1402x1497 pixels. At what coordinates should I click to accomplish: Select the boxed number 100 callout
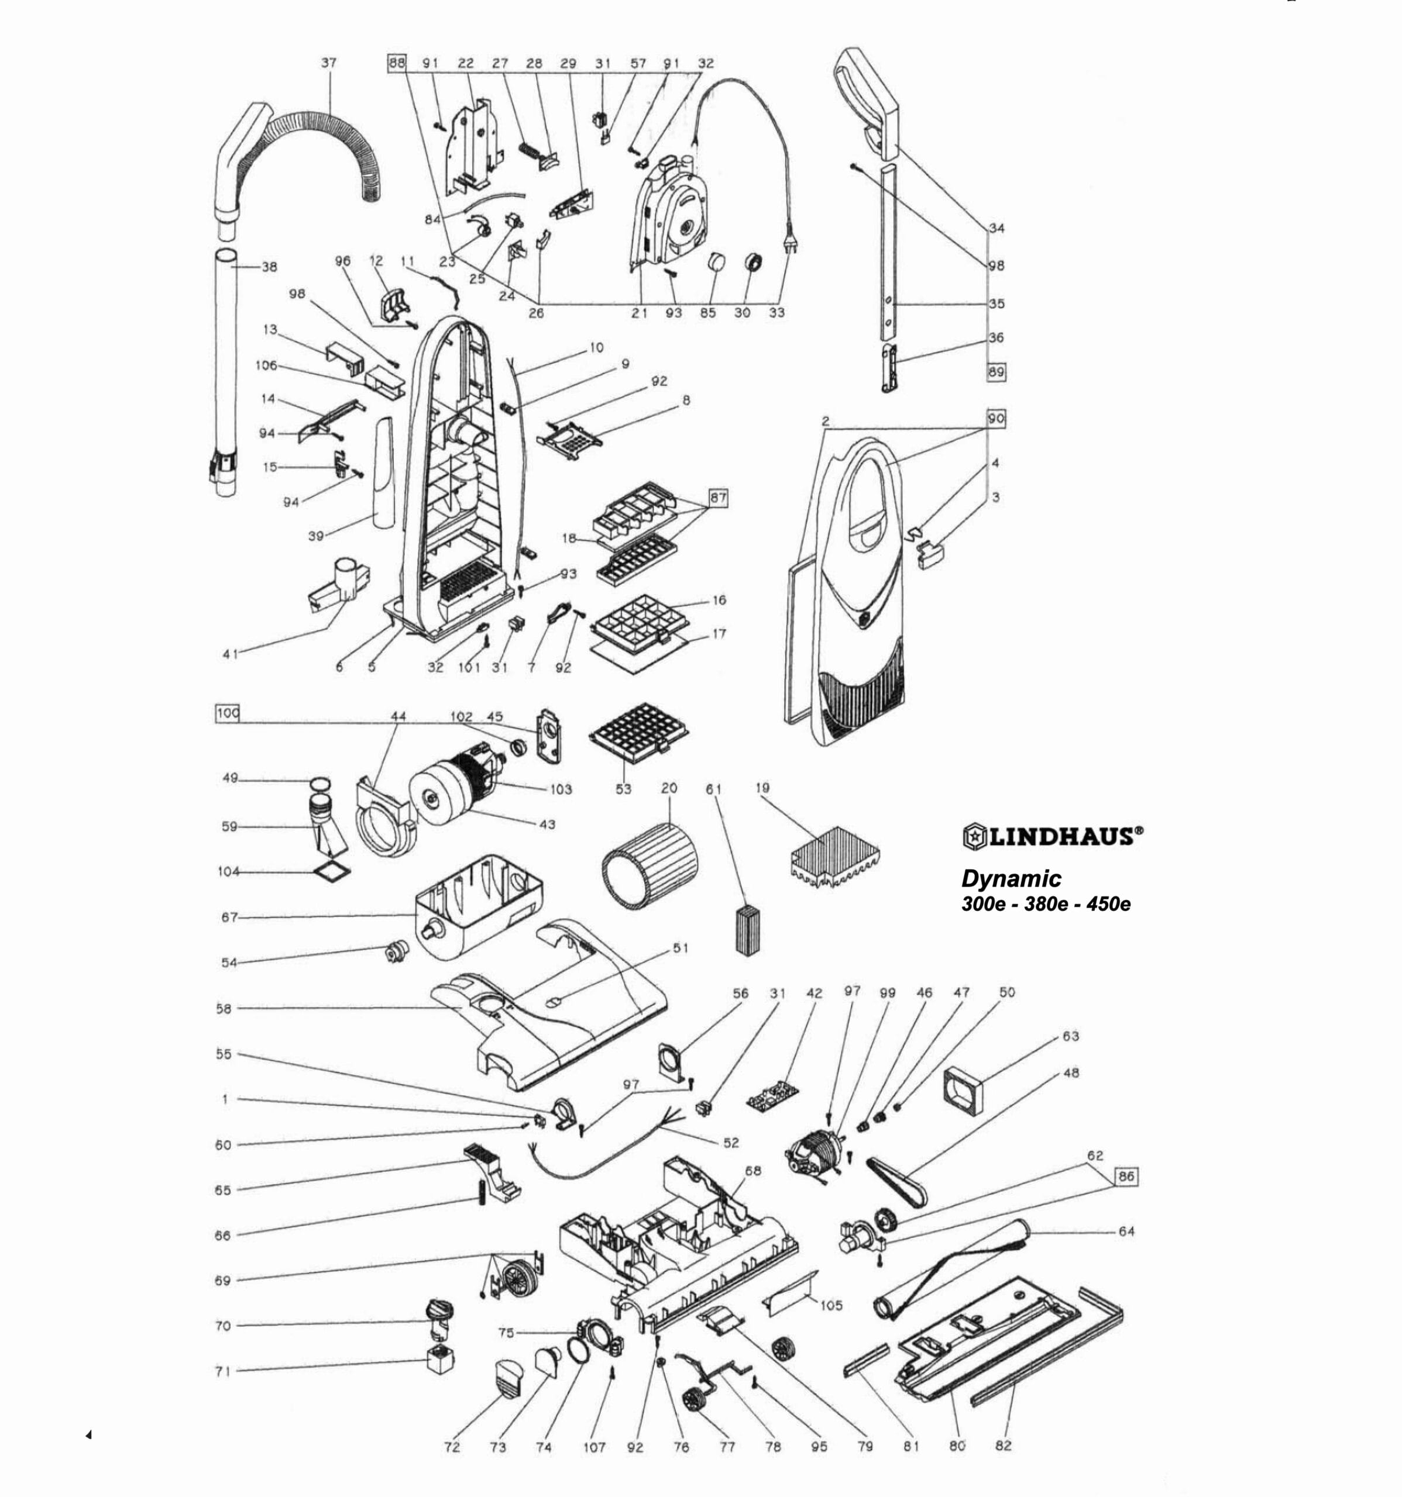pyautogui.click(x=227, y=712)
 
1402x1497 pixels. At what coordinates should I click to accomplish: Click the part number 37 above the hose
pyautogui.click(x=329, y=63)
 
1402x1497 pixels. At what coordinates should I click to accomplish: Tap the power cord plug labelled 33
pyautogui.click(x=791, y=239)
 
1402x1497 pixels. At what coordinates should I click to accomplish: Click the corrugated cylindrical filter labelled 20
pyautogui.click(x=650, y=864)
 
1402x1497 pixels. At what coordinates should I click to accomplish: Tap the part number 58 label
pyautogui.click(x=224, y=1008)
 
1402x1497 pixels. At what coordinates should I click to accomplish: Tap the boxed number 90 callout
pyautogui.click(x=996, y=419)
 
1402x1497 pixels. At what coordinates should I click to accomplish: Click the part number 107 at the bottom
pyautogui.click(x=595, y=1447)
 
